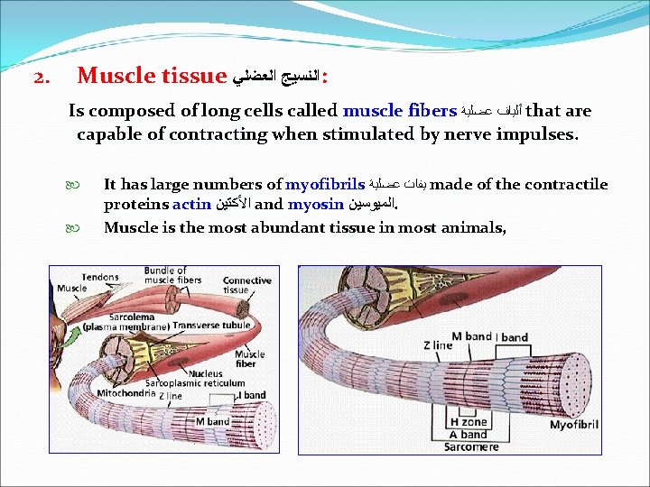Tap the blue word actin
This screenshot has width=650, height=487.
pyautogui.click(x=191, y=205)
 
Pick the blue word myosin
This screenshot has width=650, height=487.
pyautogui.click(x=315, y=205)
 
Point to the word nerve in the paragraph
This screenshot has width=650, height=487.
pyautogui.click(x=424, y=134)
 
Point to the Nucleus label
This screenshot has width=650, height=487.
pyautogui.click(x=206, y=372)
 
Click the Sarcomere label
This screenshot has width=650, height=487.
pyautogui.click(x=469, y=447)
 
